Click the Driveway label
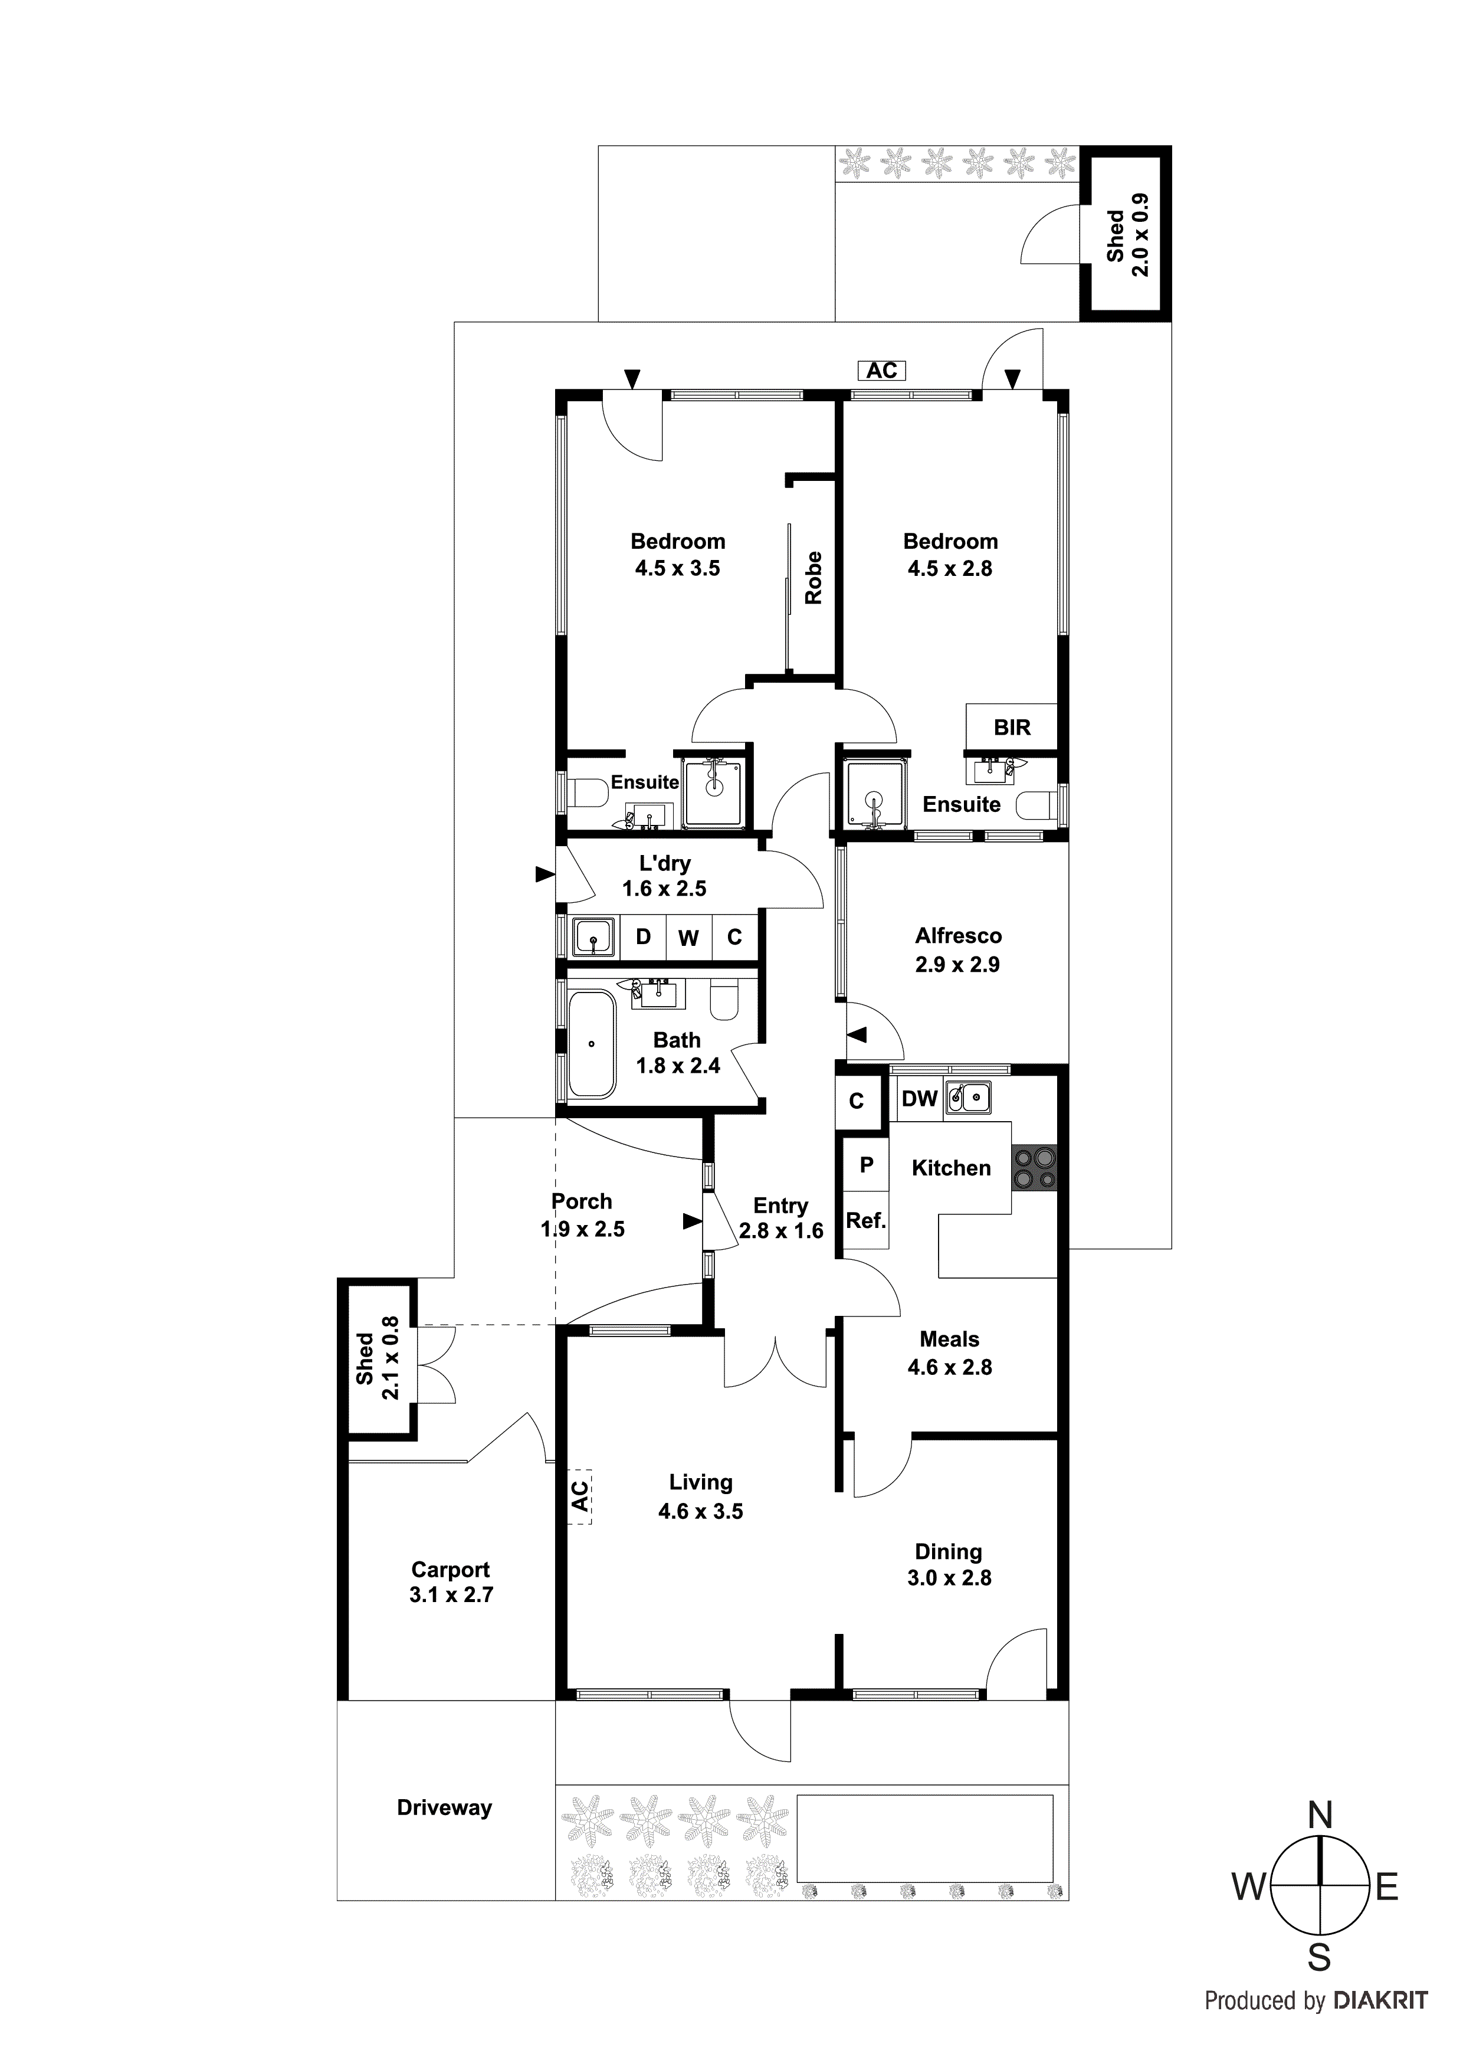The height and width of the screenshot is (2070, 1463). coord(444,1807)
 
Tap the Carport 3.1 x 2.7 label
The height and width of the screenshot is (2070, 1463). coord(451,1581)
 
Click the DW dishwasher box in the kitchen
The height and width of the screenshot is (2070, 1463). coord(920,1098)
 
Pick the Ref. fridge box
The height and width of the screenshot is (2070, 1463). coord(865,1221)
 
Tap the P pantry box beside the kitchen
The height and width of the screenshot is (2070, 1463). coord(866,1165)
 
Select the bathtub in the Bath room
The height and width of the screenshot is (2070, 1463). coord(591,1044)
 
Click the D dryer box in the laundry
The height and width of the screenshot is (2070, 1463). coord(642,936)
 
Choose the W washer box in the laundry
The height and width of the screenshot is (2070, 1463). coord(688,938)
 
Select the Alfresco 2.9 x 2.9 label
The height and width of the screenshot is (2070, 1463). coord(958,950)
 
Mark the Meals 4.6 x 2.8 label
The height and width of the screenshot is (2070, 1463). coord(949,1353)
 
